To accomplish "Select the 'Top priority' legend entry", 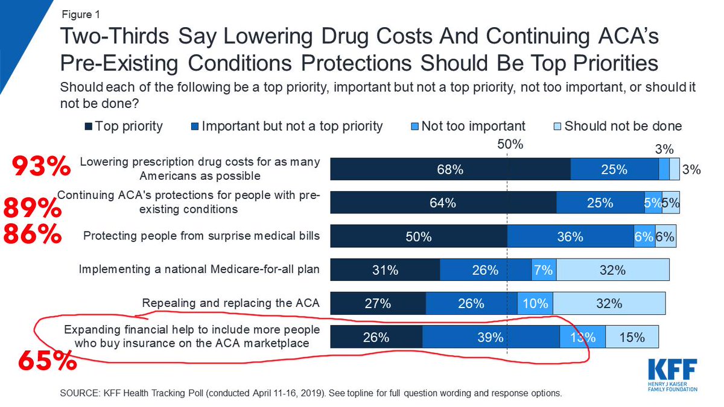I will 124,127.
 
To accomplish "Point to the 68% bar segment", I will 450,170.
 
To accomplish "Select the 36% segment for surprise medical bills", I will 570,237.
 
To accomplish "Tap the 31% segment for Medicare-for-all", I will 385,271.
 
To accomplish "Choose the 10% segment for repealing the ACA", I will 535,304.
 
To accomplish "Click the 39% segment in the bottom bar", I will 491,338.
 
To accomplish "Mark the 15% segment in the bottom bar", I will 632,338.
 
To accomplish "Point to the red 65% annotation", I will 47,361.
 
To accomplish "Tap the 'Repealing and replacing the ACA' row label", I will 230,303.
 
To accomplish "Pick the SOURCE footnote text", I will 311,393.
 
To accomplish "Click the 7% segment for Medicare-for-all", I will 544,271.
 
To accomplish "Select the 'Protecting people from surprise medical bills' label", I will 202,236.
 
